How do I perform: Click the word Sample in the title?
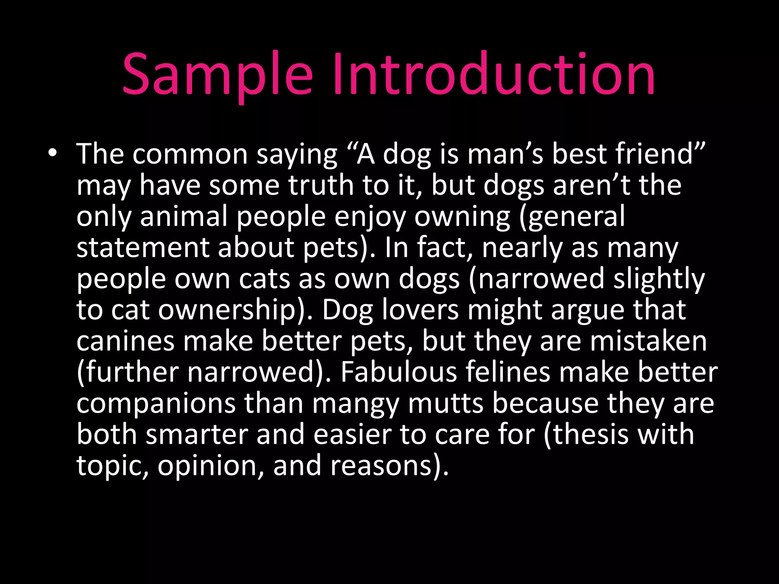click(217, 74)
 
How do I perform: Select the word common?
click(190, 154)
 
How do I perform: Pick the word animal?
click(184, 217)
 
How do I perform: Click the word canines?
click(126, 341)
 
